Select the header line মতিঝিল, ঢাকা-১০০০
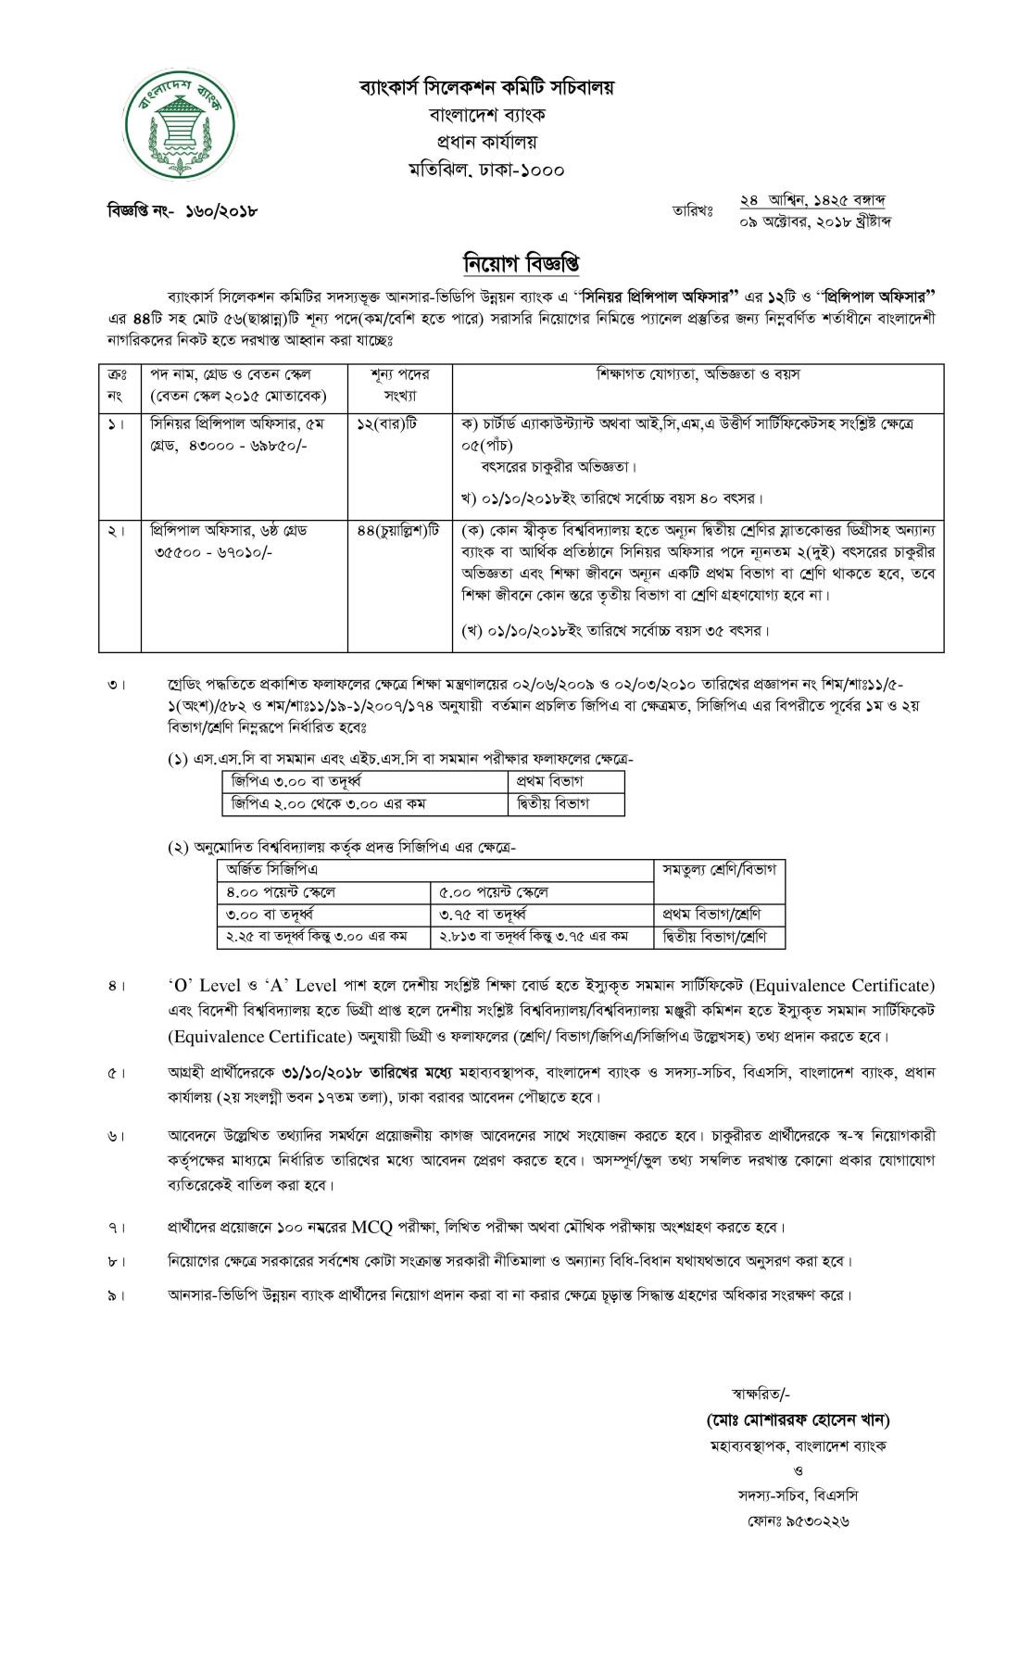tap(486, 170)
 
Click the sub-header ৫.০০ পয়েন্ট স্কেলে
tap(494, 892)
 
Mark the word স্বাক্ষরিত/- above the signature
tap(761, 1393)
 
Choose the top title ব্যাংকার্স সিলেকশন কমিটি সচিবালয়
tap(486, 88)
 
